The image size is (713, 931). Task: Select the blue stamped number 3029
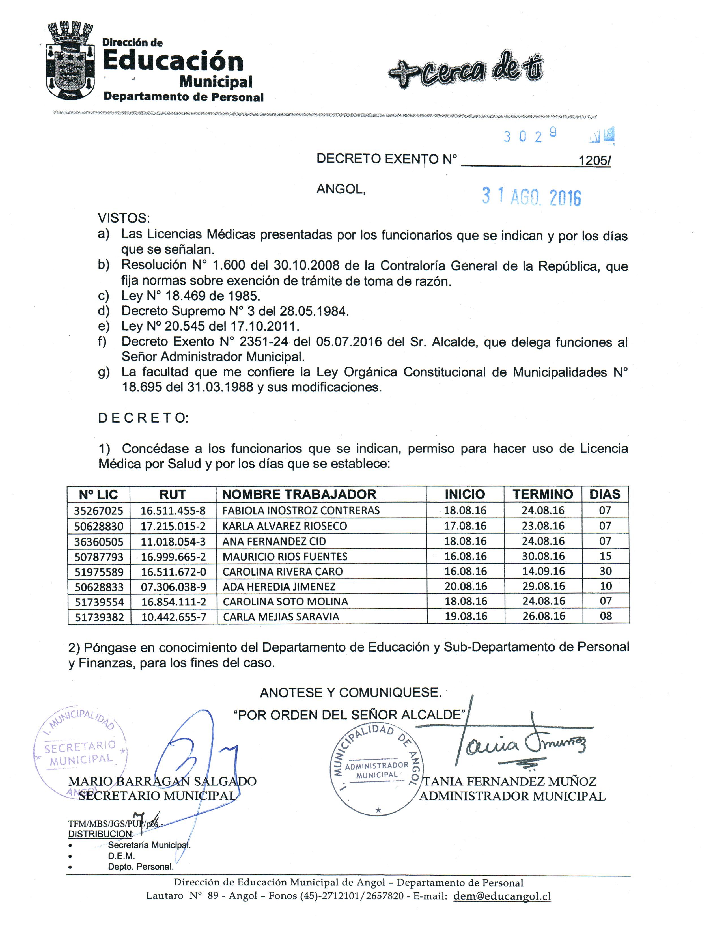coord(530,135)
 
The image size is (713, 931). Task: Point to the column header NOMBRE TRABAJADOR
coord(299,494)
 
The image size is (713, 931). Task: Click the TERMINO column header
coord(542,494)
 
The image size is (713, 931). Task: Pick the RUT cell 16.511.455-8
coord(173,510)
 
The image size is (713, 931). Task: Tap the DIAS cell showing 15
coord(605,556)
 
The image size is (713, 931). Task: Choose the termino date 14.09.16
coord(543,571)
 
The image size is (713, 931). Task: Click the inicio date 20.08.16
coord(466,587)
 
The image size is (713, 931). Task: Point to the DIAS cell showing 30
coord(605,571)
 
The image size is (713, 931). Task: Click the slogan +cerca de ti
coord(466,70)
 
